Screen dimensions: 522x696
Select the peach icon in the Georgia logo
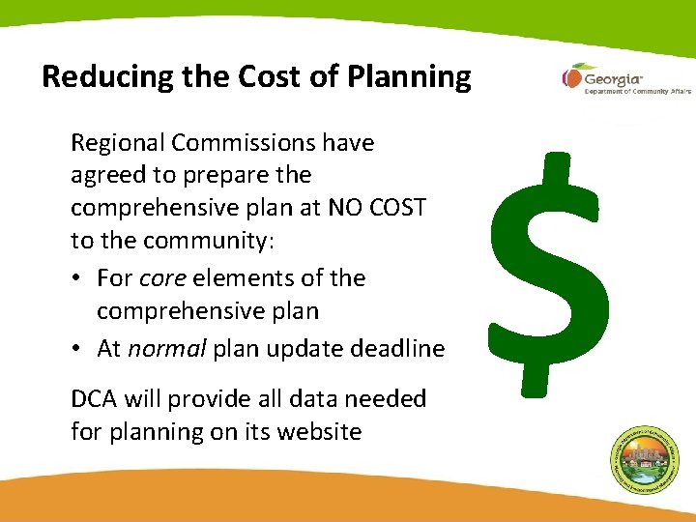[571, 76]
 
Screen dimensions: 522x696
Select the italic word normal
[165, 349]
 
